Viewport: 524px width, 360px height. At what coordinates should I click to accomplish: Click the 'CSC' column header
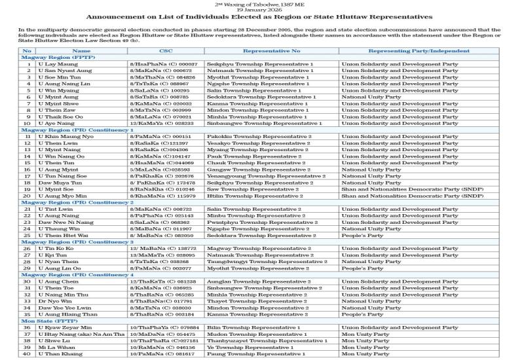pyautogui.click(x=166, y=50)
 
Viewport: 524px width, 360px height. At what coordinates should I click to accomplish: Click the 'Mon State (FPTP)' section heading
pyautogui.click(x=46, y=321)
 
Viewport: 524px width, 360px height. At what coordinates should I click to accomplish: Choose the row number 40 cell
pyautogui.click(x=28, y=354)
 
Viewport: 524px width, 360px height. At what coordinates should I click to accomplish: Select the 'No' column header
pyautogui.click(x=28, y=50)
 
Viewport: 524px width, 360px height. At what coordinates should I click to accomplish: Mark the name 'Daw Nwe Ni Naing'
pyautogui.click(x=66, y=222)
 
